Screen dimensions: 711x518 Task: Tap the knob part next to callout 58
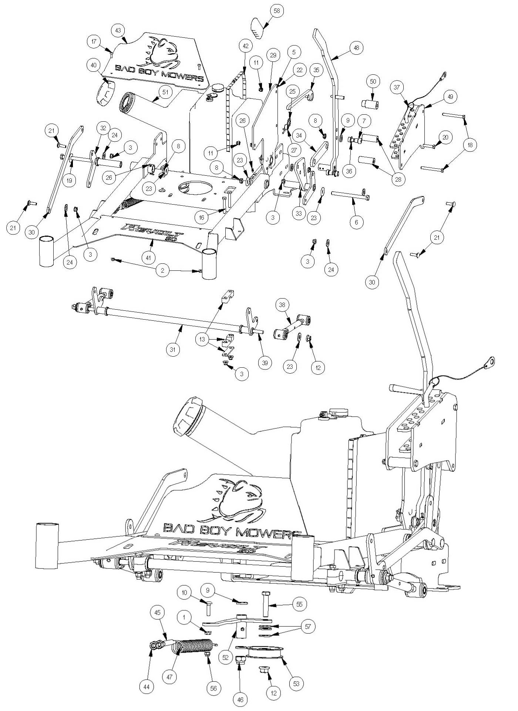click(x=259, y=27)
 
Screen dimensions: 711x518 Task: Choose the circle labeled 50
click(x=373, y=82)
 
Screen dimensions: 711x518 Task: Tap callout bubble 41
click(x=148, y=258)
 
